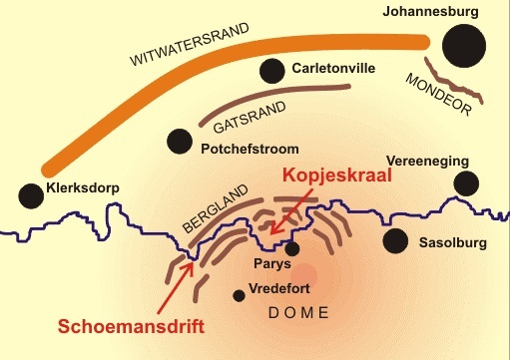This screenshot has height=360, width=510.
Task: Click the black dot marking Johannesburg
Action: coord(463,44)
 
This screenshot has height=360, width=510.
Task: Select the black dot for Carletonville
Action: coord(271,71)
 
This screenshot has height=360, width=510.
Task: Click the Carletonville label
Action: coord(334,70)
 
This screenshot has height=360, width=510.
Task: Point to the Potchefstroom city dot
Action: coord(180,141)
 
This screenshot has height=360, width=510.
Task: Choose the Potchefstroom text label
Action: coord(249,151)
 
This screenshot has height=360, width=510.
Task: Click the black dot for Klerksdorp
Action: coord(31,194)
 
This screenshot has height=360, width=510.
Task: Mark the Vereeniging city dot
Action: coord(465,182)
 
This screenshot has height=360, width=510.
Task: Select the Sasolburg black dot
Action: coord(396,240)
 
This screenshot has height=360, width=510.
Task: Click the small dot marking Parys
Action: coord(292,249)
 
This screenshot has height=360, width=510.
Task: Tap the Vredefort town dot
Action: coord(238,295)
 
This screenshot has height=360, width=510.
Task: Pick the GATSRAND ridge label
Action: coord(250,117)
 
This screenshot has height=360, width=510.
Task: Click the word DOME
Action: coord(299,313)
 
